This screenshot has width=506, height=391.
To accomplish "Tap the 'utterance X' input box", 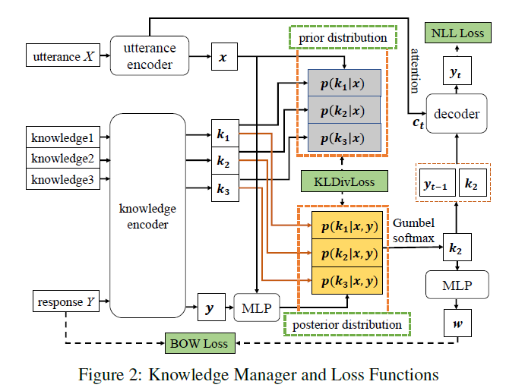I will [x=62, y=56].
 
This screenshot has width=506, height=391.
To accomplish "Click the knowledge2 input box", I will [x=63, y=159].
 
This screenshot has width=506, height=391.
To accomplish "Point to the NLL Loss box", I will [x=456, y=33].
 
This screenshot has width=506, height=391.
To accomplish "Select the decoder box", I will [x=456, y=115].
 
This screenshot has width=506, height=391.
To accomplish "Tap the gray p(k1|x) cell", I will [x=342, y=84].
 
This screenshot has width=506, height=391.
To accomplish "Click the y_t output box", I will [x=456, y=74].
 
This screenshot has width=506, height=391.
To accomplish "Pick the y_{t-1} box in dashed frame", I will [x=435, y=182].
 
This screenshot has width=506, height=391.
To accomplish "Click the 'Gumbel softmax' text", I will [x=415, y=231].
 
